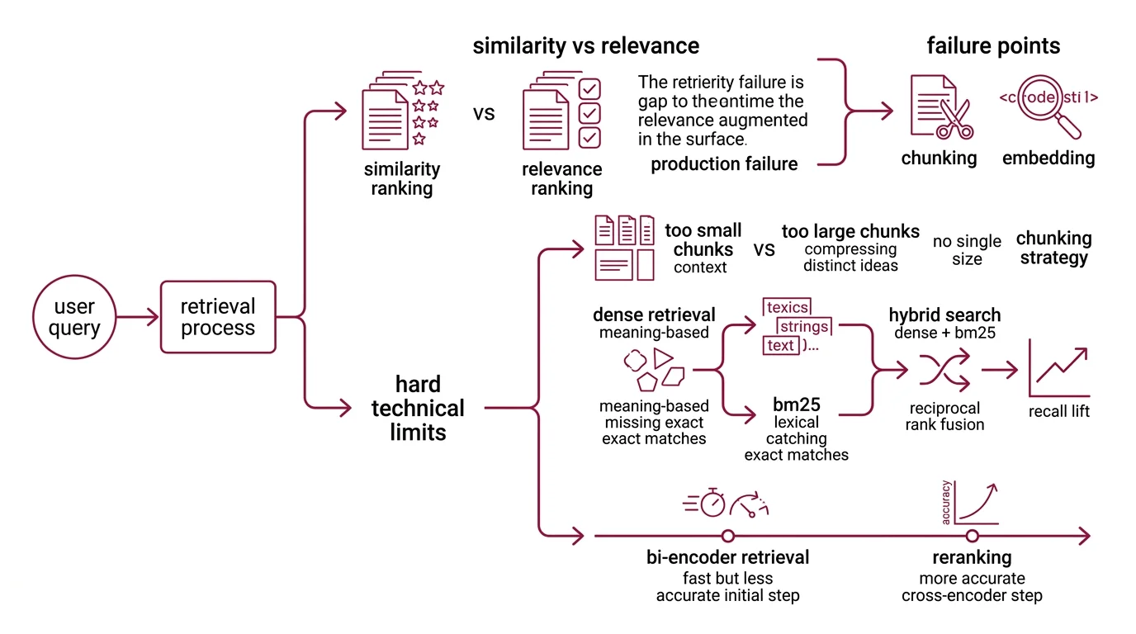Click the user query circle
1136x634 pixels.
point(75,318)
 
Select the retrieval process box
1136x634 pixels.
point(218,318)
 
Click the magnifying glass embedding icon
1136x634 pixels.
point(1049,107)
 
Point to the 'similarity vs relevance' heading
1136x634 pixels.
point(585,45)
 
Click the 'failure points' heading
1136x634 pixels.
point(993,45)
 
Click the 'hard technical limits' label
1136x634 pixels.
point(418,408)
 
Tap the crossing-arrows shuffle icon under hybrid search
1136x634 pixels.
point(944,371)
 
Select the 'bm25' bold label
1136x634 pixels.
point(796,405)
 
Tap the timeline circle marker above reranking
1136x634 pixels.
point(972,536)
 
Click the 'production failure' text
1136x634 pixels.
point(724,164)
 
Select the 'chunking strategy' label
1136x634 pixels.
point(1053,248)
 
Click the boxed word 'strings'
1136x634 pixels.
point(804,327)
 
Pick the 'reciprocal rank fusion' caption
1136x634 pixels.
point(944,417)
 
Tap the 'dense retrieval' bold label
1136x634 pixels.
point(654,315)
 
